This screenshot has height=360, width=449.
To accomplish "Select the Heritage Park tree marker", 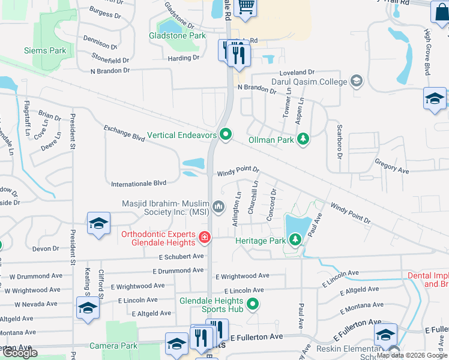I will click(x=295, y=240).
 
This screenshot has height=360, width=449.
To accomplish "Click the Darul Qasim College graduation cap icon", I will click(x=357, y=82).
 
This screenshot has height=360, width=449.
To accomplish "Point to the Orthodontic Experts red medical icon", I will click(x=205, y=238).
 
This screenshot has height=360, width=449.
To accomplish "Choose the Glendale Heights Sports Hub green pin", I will click(x=253, y=304).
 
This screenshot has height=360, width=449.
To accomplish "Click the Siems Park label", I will click(x=45, y=51).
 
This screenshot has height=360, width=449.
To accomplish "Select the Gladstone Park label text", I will click(x=177, y=36).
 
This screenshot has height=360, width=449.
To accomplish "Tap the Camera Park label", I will click(x=113, y=346).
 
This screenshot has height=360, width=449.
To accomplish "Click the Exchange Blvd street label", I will click(x=124, y=133).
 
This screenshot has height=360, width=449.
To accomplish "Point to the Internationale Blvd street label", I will click(x=139, y=183).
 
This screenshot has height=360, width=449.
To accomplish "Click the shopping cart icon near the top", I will click(x=246, y=7).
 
